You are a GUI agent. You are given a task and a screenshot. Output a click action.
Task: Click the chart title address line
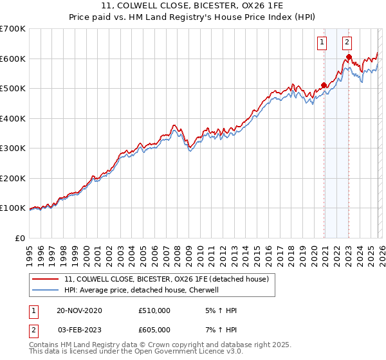(192, 5)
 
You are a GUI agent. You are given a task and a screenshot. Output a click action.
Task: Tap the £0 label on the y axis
(19, 238)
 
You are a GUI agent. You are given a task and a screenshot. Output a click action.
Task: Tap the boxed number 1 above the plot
(321, 43)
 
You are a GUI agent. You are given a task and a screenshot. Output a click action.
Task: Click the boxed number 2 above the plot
(347, 43)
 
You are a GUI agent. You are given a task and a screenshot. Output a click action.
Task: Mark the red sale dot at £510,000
(324, 85)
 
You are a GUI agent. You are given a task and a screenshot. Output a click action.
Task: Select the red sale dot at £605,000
(349, 57)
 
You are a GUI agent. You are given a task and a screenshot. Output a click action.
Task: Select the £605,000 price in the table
(154, 330)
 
